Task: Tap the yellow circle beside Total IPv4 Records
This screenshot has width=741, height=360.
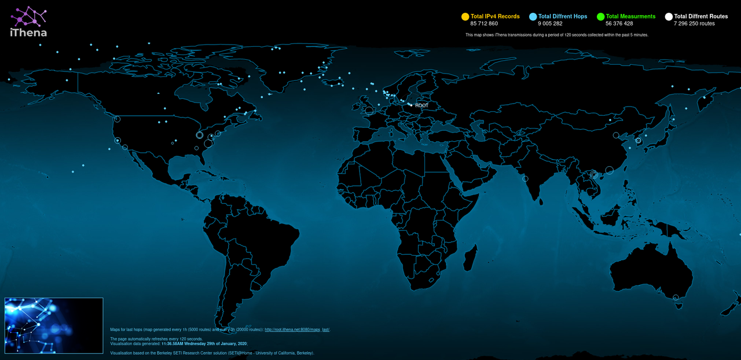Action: pos(465,17)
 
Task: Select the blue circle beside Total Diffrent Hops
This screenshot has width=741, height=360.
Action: pos(533,17)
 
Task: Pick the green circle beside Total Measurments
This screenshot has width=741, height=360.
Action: pos(601,17)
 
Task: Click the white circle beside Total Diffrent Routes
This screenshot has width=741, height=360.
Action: pos(669,17)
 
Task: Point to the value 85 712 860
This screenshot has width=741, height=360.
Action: pos(484,24)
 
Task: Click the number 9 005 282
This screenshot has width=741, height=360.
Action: pos(550,24)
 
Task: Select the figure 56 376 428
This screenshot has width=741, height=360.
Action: pos(619,24)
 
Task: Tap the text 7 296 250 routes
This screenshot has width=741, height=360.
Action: pos(694,24)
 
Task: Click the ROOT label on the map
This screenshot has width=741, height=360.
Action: pos(422,105)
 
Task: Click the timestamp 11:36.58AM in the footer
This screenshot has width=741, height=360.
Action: pos(173,344)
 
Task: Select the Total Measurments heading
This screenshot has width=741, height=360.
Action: pos(630,17)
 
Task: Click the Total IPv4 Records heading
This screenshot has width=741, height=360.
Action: pos(495,17)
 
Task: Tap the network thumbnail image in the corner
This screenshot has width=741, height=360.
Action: pos(54,325)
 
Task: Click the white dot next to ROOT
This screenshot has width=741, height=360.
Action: pos(411,105)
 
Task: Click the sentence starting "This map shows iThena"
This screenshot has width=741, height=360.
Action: pos(556,35)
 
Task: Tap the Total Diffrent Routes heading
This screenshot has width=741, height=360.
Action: pos(700,17)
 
